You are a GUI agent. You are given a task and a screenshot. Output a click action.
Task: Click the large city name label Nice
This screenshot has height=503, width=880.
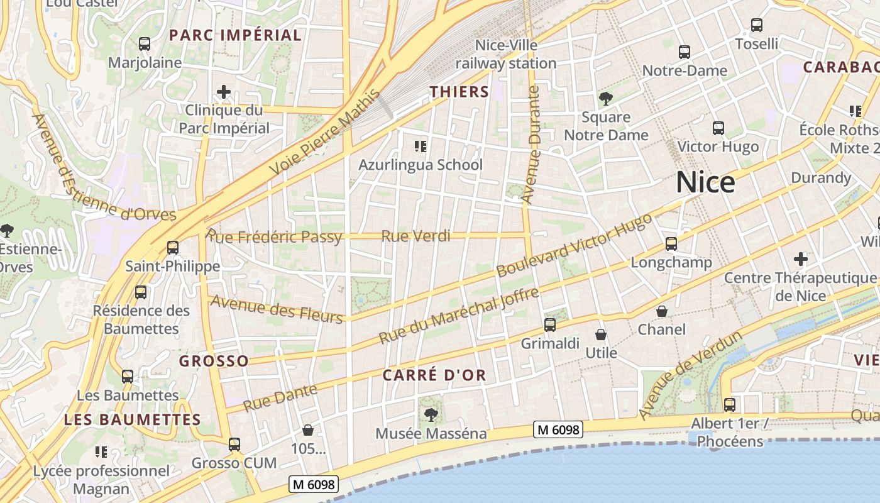point(705,183)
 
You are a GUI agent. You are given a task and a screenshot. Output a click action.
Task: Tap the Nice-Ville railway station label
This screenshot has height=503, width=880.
point(506,54)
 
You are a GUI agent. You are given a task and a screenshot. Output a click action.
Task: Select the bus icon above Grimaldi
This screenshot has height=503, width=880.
point(550,325)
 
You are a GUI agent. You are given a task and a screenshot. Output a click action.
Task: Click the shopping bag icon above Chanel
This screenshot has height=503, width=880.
point(662,311)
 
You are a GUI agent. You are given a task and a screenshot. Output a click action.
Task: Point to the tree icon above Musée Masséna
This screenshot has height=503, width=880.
point(431,414)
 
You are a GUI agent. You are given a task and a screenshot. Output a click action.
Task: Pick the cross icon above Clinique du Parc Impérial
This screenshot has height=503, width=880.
point(224,92)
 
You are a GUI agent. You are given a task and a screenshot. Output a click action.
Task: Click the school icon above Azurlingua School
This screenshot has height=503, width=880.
point(421,146)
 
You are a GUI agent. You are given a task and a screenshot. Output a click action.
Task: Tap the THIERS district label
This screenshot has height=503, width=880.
point(459,92)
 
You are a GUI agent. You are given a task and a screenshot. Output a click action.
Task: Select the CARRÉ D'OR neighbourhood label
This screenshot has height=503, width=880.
point(434,375)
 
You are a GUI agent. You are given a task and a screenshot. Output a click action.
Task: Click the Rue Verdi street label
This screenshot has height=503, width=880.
point(416,236)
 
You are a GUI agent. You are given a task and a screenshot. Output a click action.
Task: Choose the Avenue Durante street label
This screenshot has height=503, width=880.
point(531,145)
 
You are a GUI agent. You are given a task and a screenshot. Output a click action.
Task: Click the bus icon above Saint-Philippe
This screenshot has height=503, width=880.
point(173,248)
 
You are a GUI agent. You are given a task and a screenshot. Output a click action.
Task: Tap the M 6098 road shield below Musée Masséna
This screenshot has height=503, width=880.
point(558,430)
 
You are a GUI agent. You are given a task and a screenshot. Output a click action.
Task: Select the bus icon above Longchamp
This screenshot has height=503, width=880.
point(671,244)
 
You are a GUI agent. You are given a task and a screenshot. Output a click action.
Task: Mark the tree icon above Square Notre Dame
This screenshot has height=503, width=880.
point(606,98)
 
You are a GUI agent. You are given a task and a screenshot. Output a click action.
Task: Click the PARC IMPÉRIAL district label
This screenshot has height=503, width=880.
point(236,35)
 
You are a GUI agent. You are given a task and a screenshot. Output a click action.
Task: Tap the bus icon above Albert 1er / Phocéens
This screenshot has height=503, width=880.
point(729,404)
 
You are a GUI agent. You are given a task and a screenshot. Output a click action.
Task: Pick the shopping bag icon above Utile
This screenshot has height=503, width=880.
point(601,334)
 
